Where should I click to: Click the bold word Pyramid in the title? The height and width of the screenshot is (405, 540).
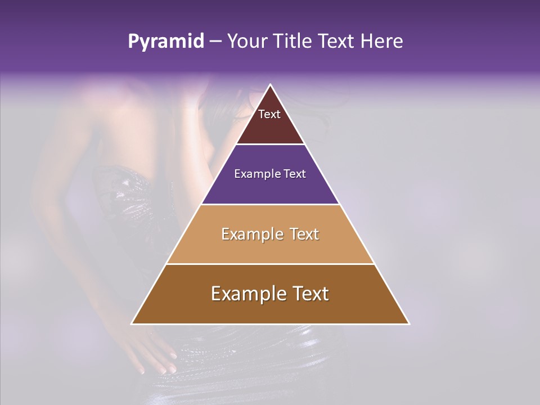click(166, 42)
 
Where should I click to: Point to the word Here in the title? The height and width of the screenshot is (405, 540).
click(382, 42)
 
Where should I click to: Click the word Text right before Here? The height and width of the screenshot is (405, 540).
click(337, 42)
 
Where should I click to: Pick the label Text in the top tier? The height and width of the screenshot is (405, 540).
click(269, 114)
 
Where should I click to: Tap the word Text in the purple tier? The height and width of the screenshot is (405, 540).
click(295, 174)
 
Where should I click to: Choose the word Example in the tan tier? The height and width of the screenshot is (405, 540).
click(251, 234)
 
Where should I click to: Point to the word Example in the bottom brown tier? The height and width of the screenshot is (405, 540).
click(245, 294)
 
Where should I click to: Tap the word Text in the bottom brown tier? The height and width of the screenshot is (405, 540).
click(310, 294)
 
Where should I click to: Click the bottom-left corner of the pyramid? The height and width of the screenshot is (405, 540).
click(132, 323)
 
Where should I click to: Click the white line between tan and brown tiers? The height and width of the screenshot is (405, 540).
click(270, 264)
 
